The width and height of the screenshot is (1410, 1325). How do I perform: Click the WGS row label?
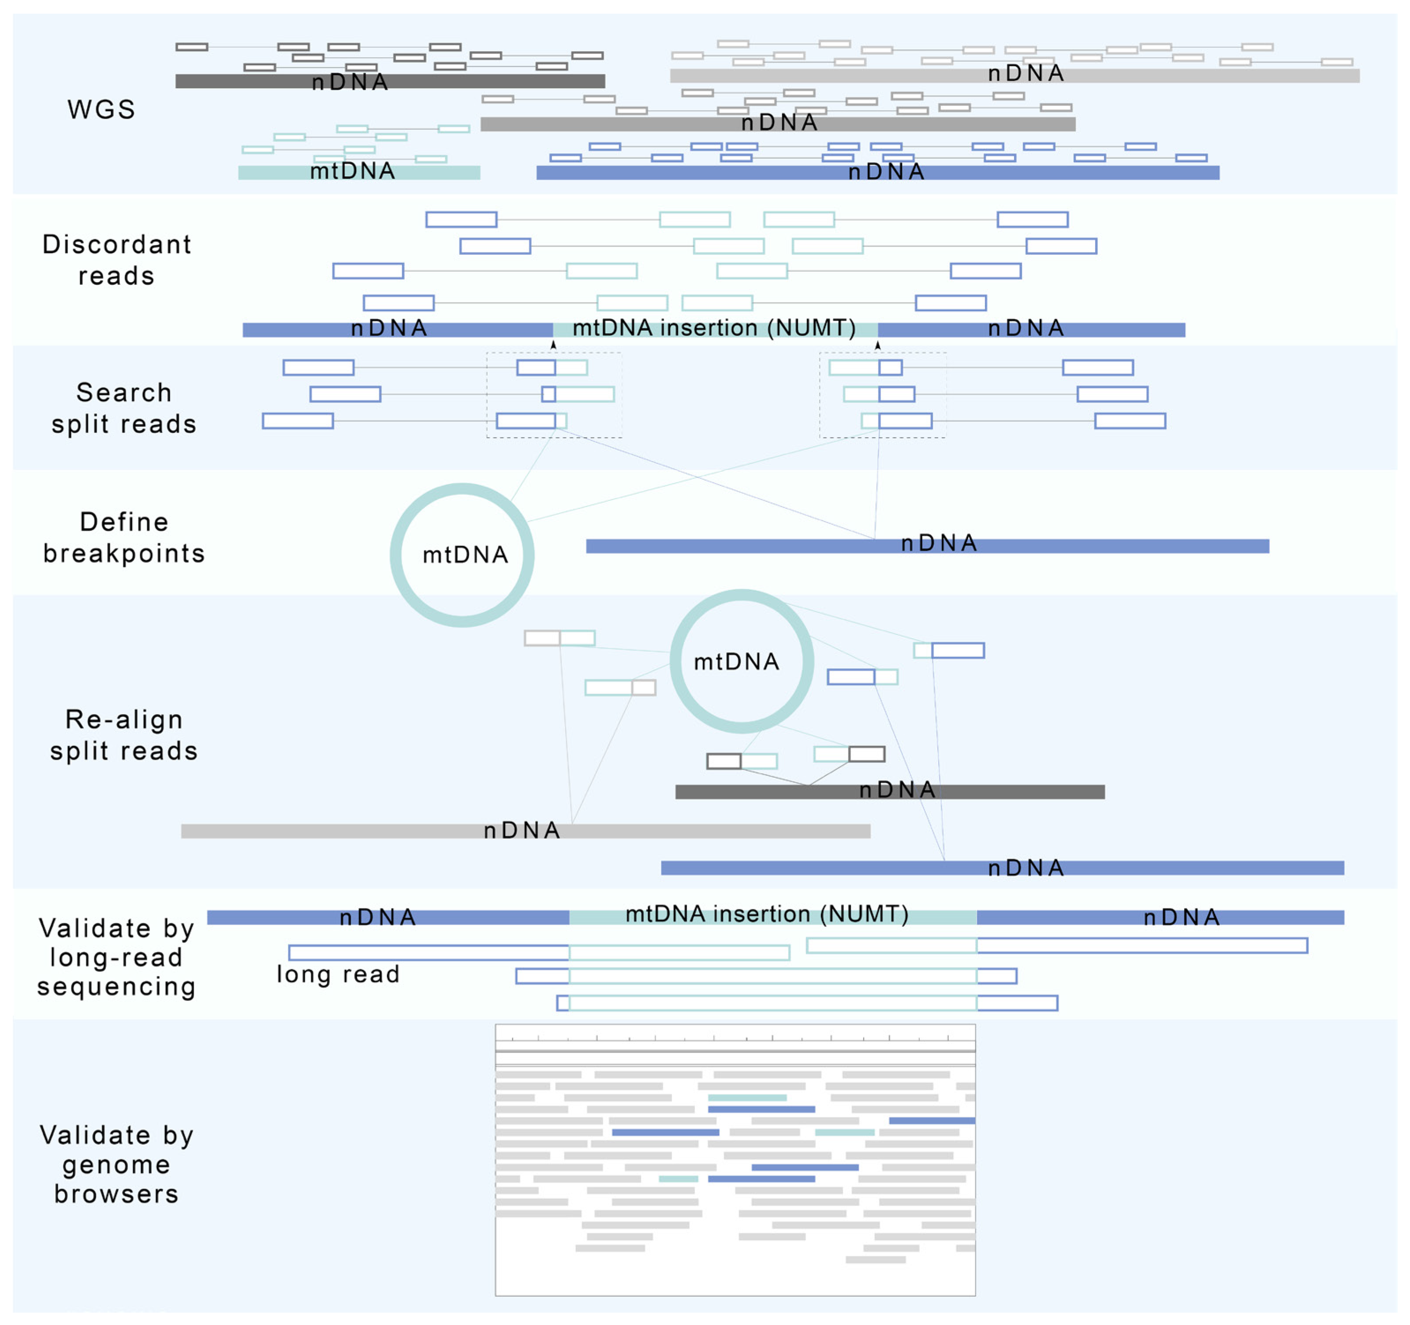pos(101,109)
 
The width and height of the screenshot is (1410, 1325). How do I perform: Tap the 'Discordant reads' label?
pos(116,260)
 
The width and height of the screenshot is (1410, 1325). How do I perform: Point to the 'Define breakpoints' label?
pos(124,537)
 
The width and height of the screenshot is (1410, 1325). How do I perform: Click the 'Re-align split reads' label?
pos(124,735)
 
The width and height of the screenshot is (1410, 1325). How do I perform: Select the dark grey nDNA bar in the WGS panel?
pos(390,82)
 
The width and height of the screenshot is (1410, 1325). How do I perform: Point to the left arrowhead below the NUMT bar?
pos(553,345)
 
